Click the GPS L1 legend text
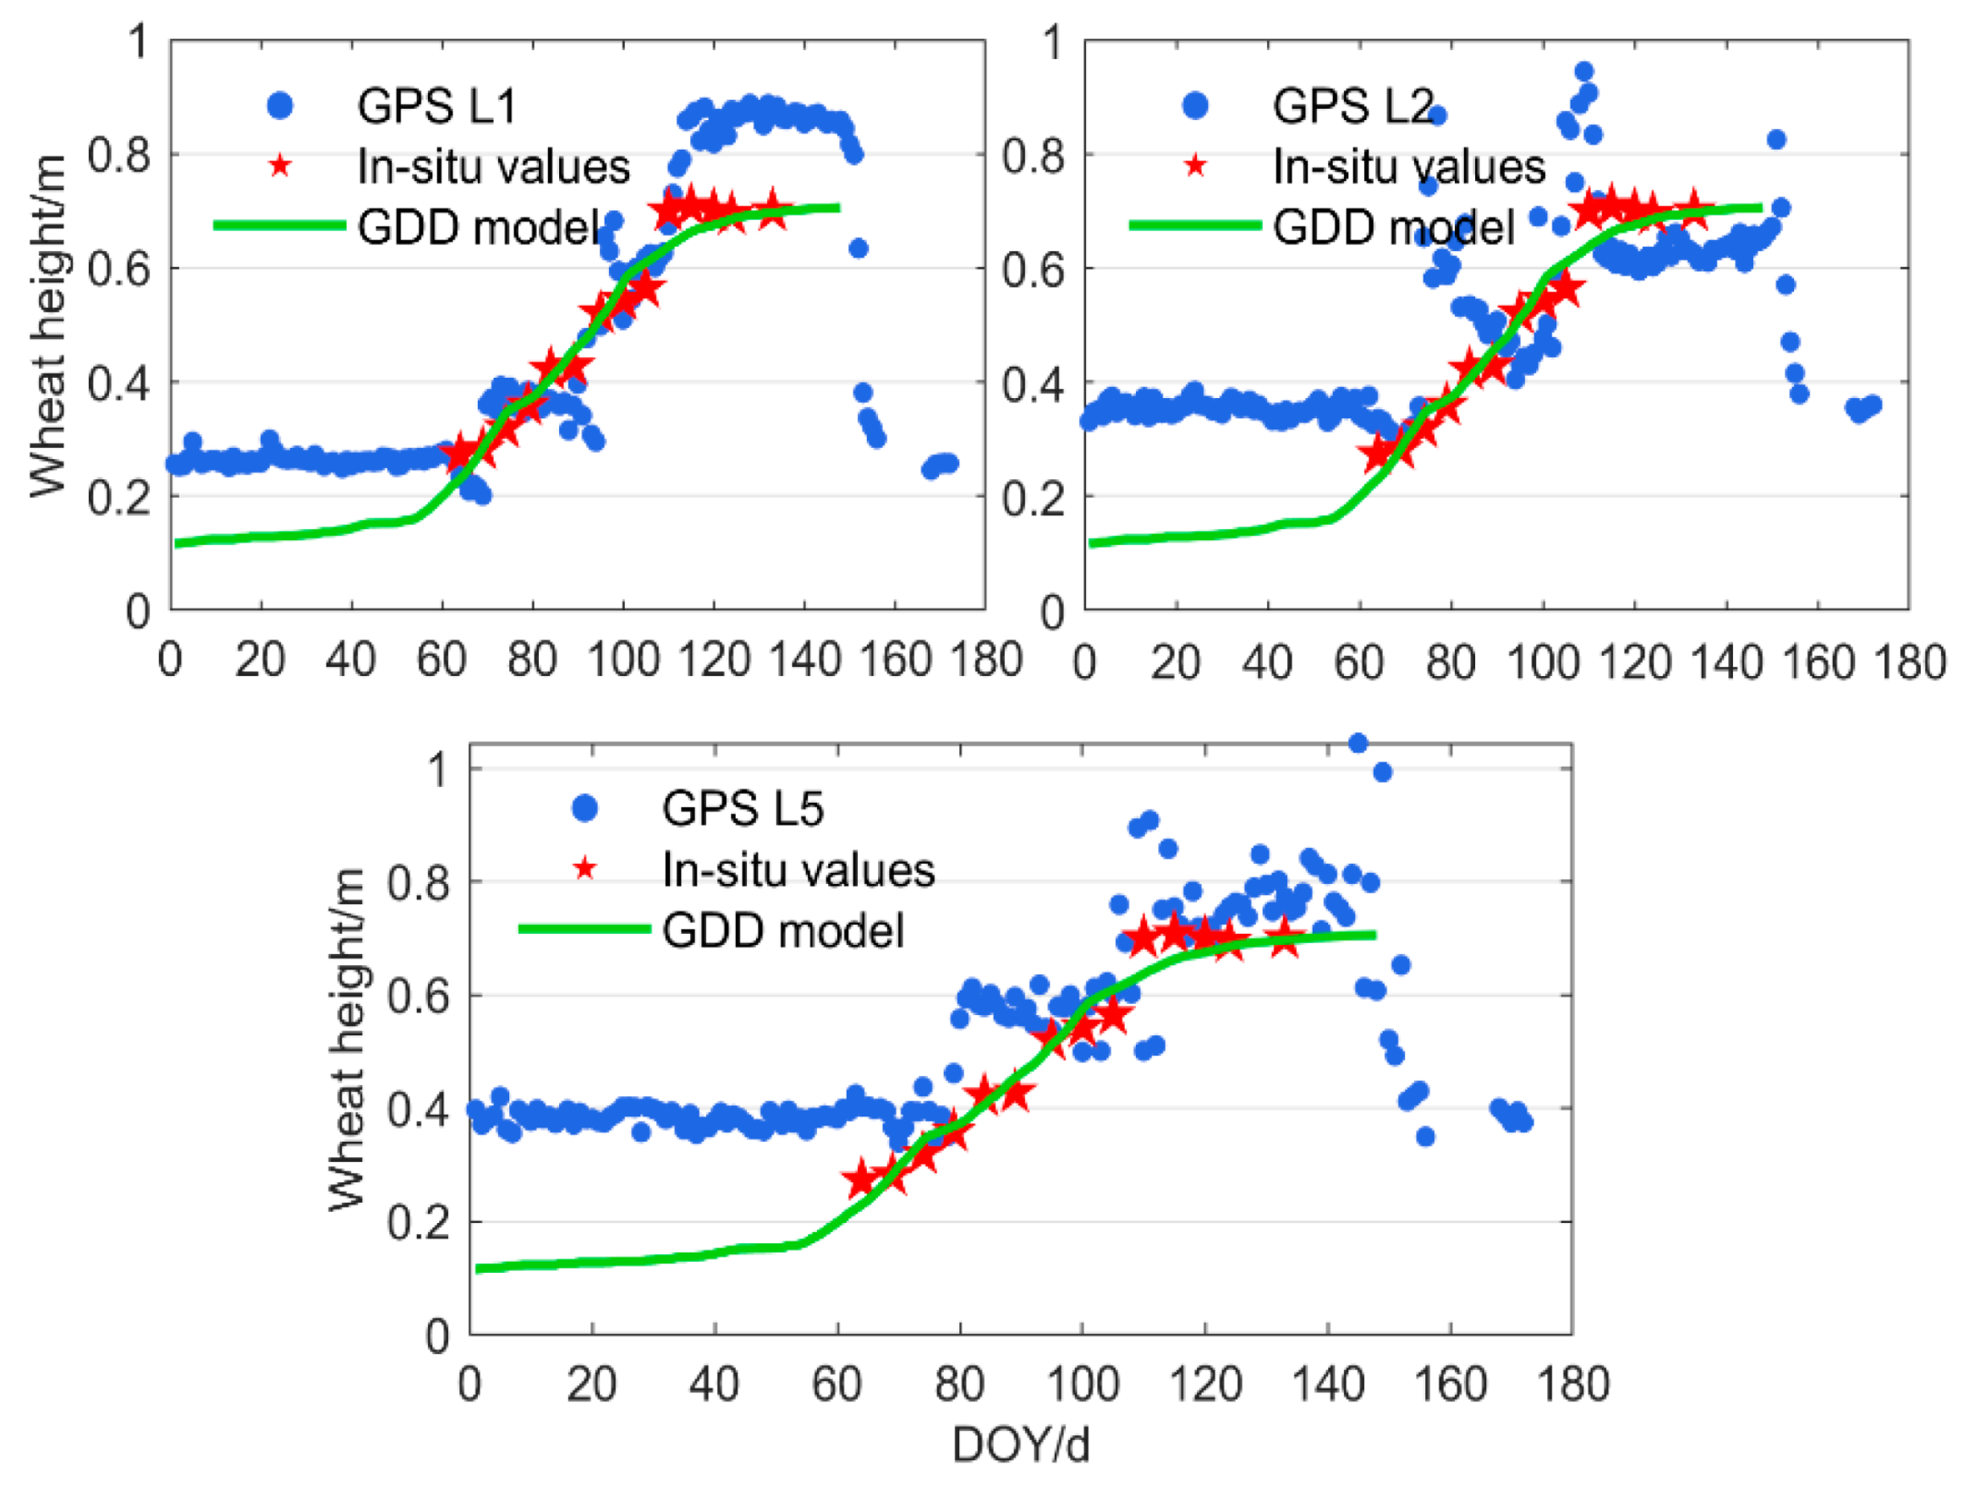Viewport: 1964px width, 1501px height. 436,106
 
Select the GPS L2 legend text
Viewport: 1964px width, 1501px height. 1352,106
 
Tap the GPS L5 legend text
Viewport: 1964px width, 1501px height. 742,809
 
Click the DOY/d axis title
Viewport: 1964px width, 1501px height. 1020,1444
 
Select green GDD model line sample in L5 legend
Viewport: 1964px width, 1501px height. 584,930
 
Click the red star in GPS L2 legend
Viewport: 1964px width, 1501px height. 1195,166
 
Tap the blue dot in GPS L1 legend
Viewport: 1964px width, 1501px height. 280,106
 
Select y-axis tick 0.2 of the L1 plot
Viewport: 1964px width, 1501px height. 120,497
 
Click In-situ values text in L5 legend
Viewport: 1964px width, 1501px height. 798,871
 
